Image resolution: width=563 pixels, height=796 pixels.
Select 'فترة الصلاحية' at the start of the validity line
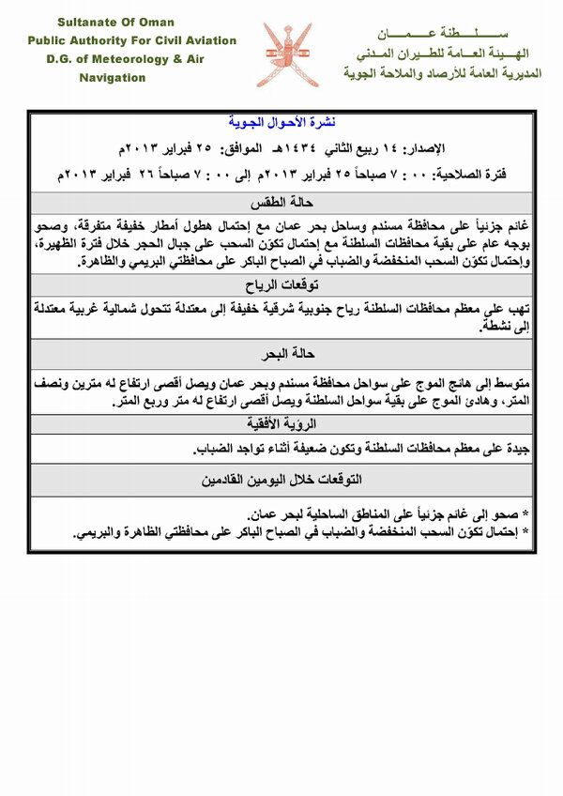[495, 176]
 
